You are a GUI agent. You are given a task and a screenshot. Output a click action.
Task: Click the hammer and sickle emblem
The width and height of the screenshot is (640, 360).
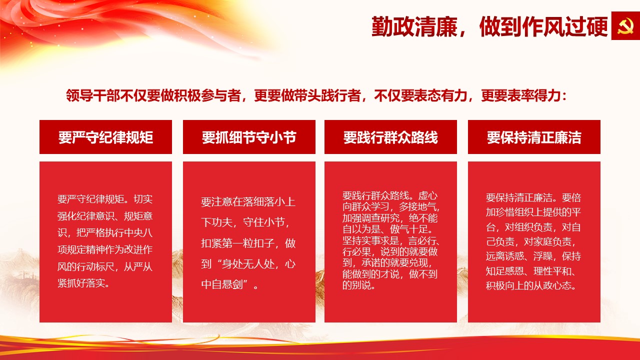click(x=625, y=25)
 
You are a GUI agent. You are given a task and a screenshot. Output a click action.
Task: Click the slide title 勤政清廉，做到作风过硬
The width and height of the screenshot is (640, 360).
click(x=489, y=26)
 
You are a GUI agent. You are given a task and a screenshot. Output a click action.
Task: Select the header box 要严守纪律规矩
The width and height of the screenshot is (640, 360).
click(x=105, y=137)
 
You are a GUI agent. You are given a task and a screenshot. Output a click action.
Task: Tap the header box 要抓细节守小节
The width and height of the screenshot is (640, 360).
click(x=249, y=137)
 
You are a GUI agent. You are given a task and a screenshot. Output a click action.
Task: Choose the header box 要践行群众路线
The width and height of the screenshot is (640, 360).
click(x=390, y=137)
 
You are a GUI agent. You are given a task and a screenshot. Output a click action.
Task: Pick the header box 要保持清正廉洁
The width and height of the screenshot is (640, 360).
click(x=534, y=137)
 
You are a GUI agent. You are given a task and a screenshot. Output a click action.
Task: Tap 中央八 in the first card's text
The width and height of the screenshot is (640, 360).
click(x=138, y=232)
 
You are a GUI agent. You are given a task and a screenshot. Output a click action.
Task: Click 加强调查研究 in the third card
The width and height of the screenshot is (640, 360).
click(x=371, y=218)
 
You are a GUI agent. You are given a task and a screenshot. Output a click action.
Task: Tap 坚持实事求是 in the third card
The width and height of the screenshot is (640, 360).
click(x=371, y=240)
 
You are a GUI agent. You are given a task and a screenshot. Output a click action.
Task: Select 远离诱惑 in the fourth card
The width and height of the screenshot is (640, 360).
click(x=505, y=256)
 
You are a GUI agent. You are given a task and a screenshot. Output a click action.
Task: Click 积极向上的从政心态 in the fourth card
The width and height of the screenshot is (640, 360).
click(x=528, y=285)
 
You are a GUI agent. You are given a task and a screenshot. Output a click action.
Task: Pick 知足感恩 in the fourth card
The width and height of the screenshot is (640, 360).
click(x=505, y=271)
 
